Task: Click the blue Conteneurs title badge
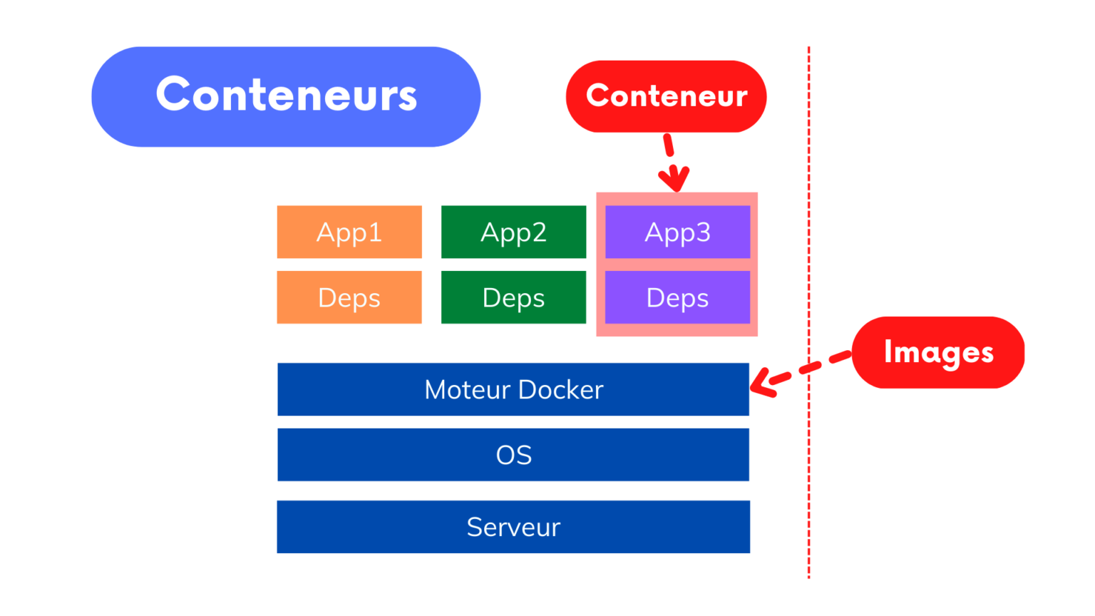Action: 286,96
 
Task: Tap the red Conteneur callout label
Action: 666,96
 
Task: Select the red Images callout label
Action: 937,352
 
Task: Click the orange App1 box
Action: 349,232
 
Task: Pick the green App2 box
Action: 513,232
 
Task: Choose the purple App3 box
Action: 677,232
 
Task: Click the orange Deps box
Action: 349,297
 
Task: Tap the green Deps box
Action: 513,297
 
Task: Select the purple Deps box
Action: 677,297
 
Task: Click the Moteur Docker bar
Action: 513,389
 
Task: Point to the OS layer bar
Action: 513,455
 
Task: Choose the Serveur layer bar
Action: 513,527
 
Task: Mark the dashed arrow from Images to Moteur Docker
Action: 798,371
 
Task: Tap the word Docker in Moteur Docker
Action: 560,390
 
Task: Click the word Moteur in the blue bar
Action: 468,390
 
